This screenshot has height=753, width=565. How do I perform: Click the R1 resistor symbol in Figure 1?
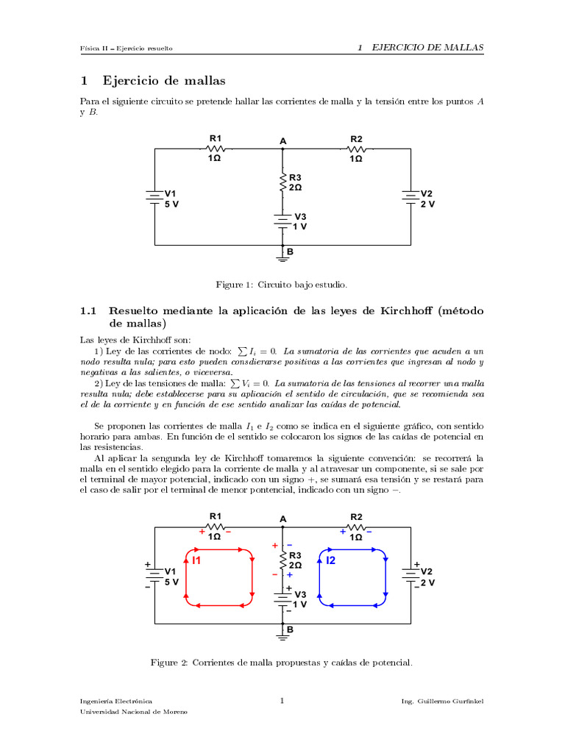click(x=216, y=149)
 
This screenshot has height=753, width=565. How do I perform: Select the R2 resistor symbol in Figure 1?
click(x=356, y=149)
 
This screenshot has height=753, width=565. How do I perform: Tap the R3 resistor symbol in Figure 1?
click(x=283, y=182)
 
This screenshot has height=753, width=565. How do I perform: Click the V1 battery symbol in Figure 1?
click(x=154, y=197)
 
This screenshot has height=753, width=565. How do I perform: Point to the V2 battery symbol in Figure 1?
click(x=410, y=196)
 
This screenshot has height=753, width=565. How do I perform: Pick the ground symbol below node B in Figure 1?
click(x=283, y=256)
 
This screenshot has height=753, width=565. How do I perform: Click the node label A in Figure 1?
click(x=282, y=140)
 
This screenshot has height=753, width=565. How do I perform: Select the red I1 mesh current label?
click(x=196, y=560)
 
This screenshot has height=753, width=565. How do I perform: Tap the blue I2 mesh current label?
click(x=331, y=560)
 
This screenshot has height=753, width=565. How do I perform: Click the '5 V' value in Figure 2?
click(x=171, y=582)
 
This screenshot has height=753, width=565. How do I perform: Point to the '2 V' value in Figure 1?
click(x=427, y=204)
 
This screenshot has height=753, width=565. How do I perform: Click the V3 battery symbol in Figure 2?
click(x=283, y=599)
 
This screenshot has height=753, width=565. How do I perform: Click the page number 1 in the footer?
click(x=282, y=702)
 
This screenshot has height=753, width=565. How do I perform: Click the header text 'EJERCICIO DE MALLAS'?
click(x=427, y=48)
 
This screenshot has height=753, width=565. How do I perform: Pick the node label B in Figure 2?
click(x=290, y=629)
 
